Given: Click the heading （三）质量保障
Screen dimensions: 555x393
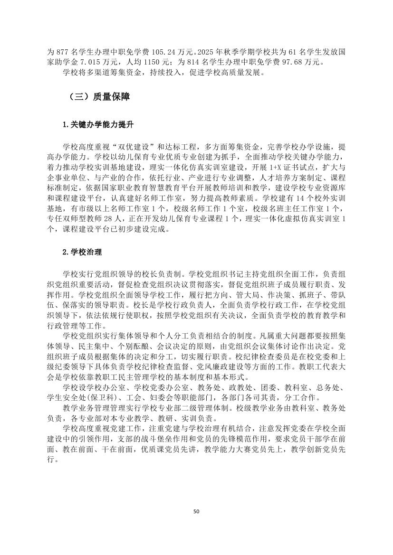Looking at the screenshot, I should click(x=96, y=97).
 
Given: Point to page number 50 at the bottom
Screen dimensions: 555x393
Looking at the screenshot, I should click(x=196, y=511).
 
